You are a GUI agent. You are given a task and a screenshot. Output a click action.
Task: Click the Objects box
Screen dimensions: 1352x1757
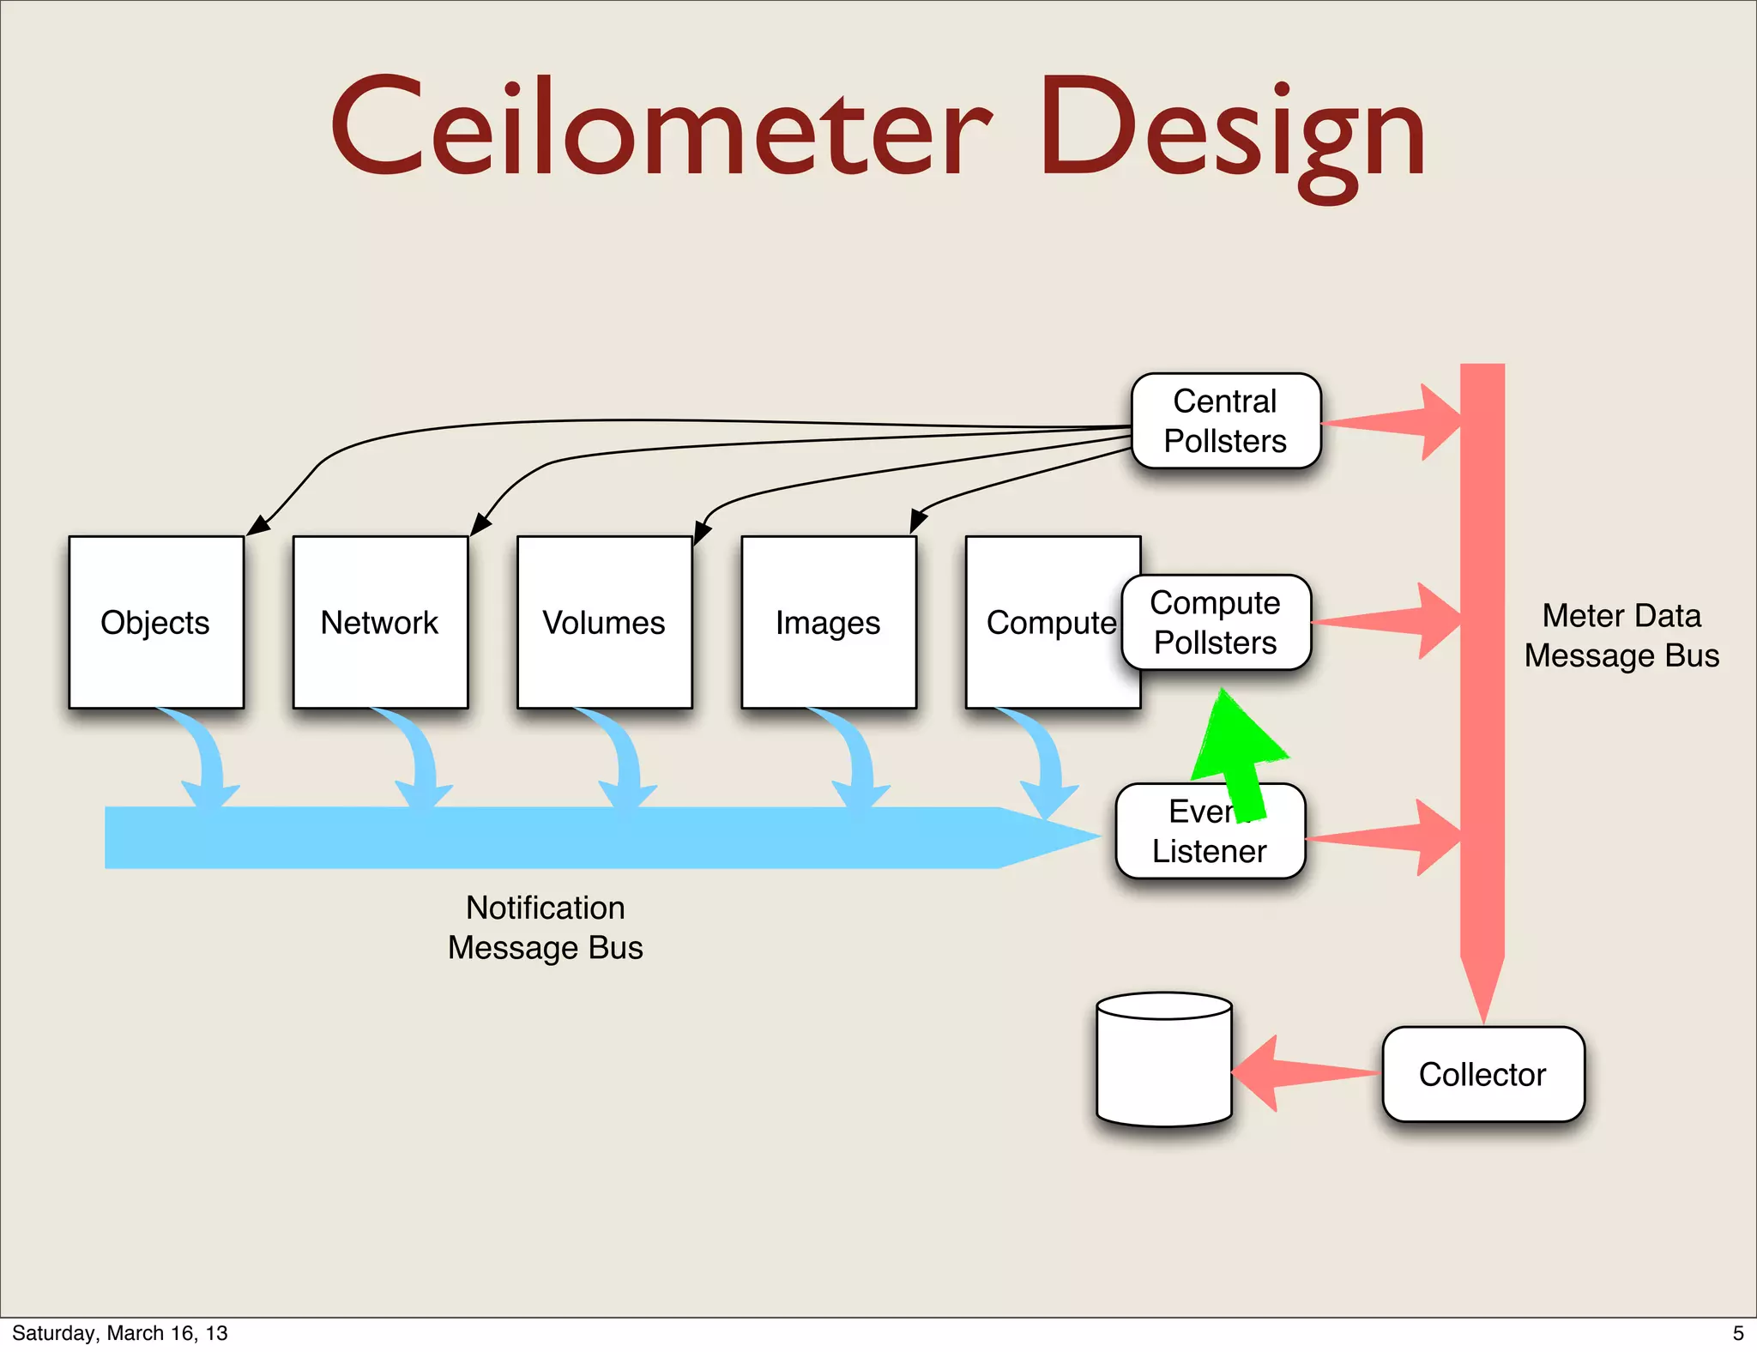click(156, 622)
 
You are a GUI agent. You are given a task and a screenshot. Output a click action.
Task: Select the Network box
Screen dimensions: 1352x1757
click(380, 622)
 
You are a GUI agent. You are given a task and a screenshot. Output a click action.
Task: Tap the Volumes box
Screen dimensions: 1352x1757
click(604, 622)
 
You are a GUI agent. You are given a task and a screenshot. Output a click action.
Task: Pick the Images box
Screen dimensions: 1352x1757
click(828, 622)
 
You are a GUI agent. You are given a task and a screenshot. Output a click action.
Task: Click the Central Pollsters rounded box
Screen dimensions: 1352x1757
click(1225, 420)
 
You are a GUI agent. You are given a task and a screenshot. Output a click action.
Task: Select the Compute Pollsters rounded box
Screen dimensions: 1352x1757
click(1216, 623)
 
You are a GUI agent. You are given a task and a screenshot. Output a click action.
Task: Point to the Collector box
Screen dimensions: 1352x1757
click(1482, 1074)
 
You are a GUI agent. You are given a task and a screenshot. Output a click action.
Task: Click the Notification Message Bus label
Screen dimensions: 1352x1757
click(545, 927)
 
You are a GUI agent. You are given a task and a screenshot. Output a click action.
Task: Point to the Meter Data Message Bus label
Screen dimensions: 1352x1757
click(1621, 636)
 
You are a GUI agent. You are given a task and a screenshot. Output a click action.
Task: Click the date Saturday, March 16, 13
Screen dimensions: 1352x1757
click(120, 1333)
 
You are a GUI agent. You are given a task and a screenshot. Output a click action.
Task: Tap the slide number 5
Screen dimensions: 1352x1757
click(1738, 1333)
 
